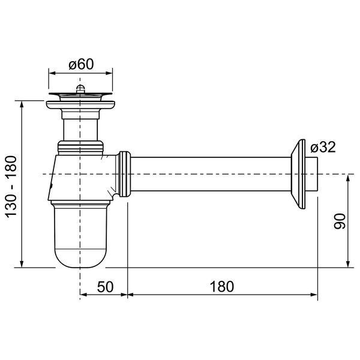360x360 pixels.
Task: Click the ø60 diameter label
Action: tap(81, 64)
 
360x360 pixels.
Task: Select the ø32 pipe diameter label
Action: tap(323, 147)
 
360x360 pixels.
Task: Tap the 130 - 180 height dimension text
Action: tap(11, 187)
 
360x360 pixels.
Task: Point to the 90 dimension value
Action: tap(340, 221)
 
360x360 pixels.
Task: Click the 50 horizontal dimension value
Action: tap(106, 287)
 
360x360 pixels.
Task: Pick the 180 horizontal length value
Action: tap(222, 287)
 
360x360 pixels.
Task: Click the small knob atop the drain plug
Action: tap(80, 88)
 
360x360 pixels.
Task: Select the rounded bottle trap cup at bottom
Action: tap(80, 235)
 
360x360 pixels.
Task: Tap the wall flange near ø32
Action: tap(298, 174)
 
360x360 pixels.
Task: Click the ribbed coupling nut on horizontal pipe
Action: tap(124, 174)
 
